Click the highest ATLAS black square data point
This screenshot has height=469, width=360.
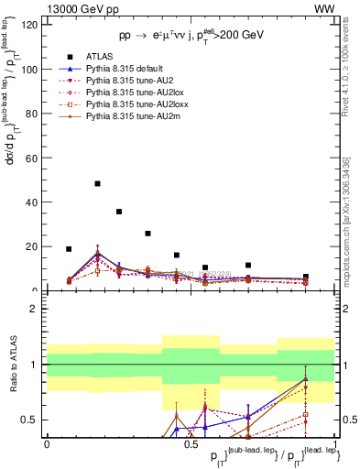click(x=97, y=183)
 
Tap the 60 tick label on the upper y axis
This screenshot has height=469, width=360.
click(x=32, y=158)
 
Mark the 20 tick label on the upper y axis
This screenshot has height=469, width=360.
click(x=32, y=246)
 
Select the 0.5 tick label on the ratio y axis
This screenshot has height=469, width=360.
click(x=32, y=420)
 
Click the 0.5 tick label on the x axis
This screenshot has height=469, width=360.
click(x=191, y=443)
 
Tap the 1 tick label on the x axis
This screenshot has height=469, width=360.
click(x=335, y=443)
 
